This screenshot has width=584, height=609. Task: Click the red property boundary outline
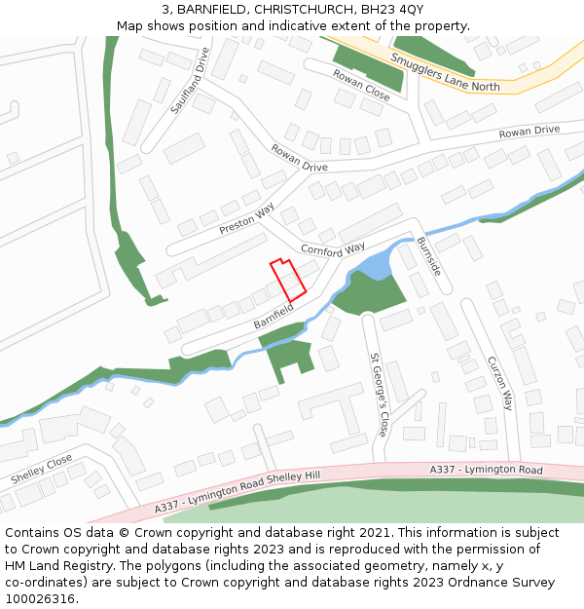[288, 280]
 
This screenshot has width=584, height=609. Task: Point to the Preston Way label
[247, 219]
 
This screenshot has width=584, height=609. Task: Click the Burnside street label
[429, 255]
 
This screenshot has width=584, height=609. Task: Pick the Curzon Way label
[499, 382]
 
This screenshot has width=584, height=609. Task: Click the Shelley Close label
[42, 470]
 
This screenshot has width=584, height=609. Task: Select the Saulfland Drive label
[190, 81]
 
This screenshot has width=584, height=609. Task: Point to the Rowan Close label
[361, 85]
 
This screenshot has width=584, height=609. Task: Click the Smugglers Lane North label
[445, 72]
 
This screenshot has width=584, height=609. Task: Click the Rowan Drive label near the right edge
[529, 131]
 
